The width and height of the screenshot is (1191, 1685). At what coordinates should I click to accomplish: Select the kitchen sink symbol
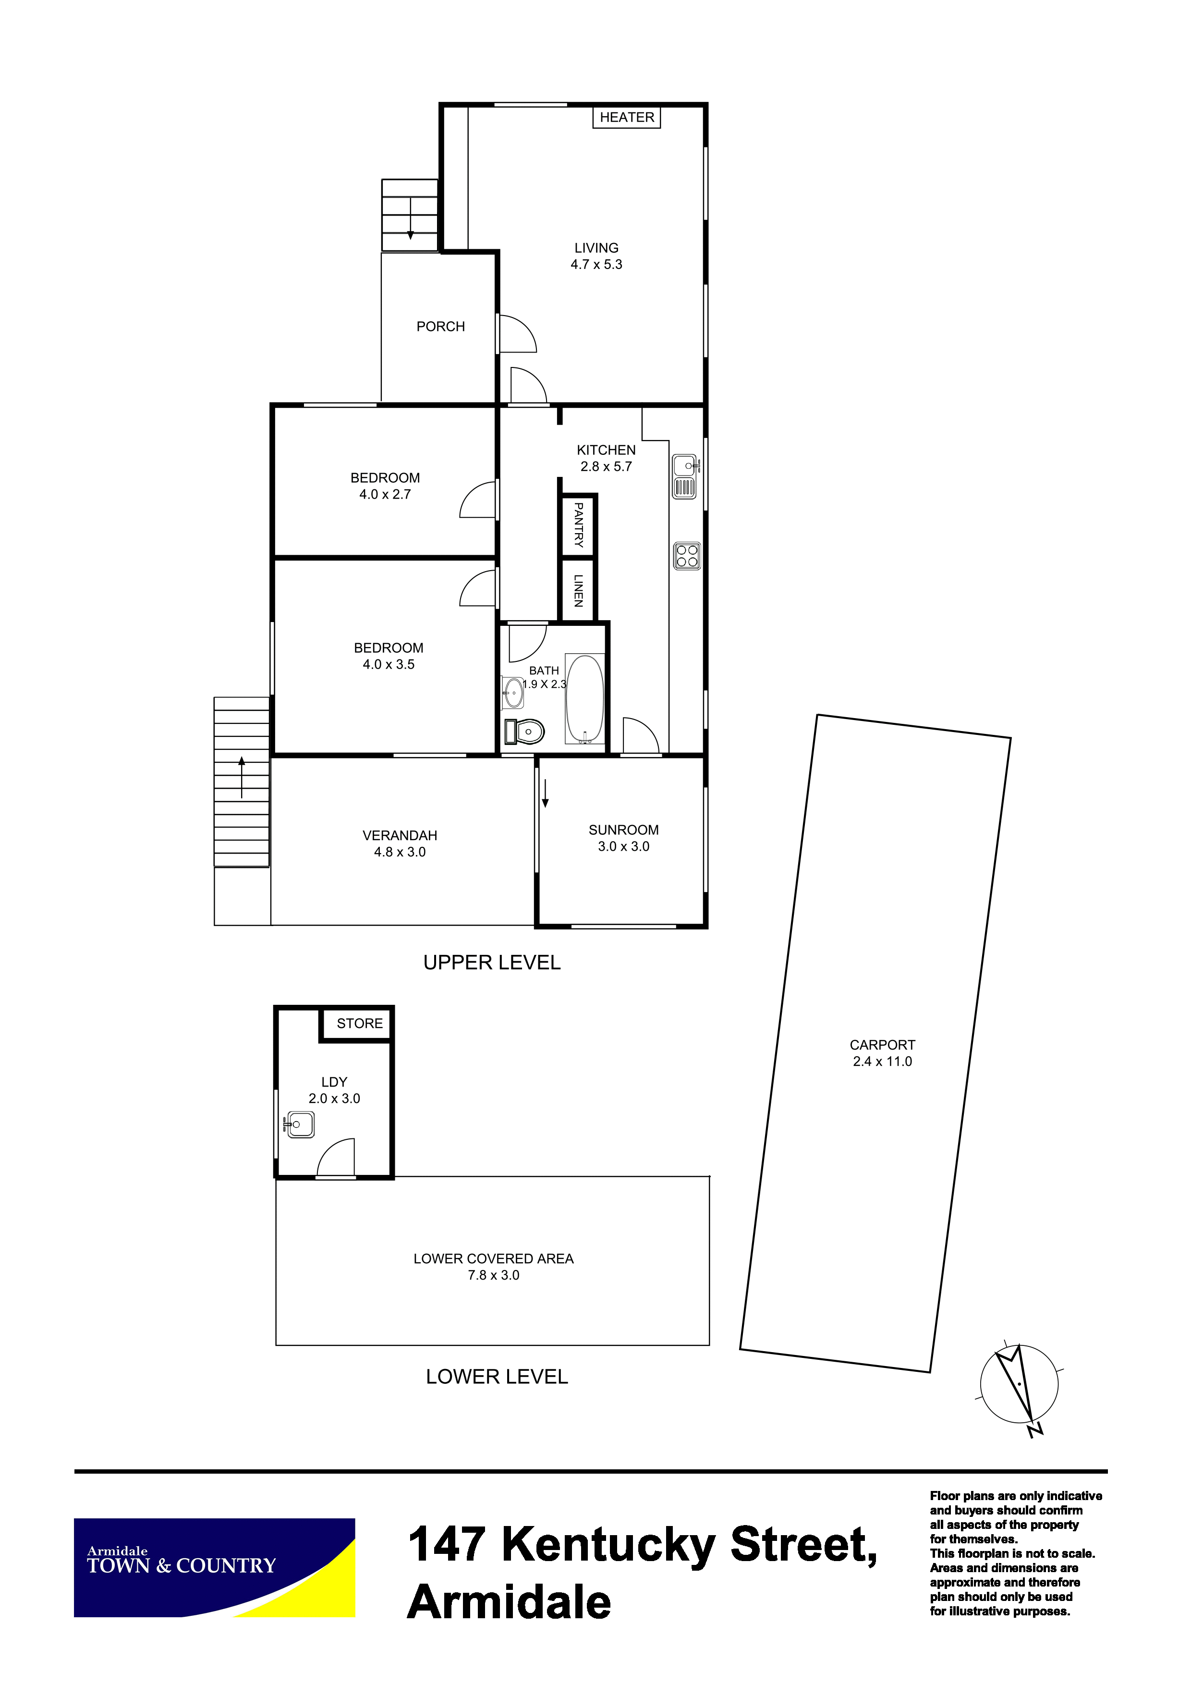click(685, 477)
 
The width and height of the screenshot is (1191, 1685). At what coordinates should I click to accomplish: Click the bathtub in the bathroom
click(585, 699)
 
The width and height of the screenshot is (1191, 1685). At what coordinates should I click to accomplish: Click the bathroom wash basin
click(512, 693)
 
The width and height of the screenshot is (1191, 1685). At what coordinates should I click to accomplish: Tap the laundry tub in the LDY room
click(299, 1124)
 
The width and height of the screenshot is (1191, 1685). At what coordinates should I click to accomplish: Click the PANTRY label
click(578, 525)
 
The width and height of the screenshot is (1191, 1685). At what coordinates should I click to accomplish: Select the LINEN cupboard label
click(578, 590)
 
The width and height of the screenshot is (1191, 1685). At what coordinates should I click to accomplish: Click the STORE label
click(360, 1023)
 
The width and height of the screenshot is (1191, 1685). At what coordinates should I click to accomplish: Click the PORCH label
click(440, 327)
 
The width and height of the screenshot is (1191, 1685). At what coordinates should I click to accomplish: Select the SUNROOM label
click(624, 830)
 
